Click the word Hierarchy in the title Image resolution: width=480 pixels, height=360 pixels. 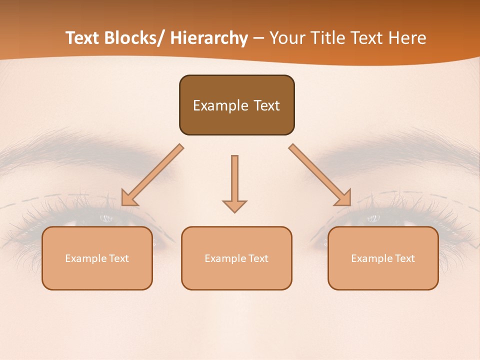pyautogui.click(x=209, y=38)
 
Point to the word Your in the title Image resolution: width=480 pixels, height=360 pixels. pyautogui.click(x=288, y=38)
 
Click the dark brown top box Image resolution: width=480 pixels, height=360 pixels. pyautogui.click(x=236, y=105)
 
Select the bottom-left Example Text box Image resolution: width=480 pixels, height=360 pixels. pyautogui.click(x=97, y=258)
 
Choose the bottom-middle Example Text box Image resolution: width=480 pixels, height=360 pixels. pyautogui.click(x=236, y=258)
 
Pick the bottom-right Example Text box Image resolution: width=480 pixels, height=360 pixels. pyautogui.click(x=383, y=258)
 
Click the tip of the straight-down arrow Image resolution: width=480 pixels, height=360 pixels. pyautogui.click(x=234, y=212)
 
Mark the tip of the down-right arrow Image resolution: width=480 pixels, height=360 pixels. pyautogui.click(x=350, y=204)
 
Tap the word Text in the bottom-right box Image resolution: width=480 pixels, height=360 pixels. pyautogui.click(x=404, y=258)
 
